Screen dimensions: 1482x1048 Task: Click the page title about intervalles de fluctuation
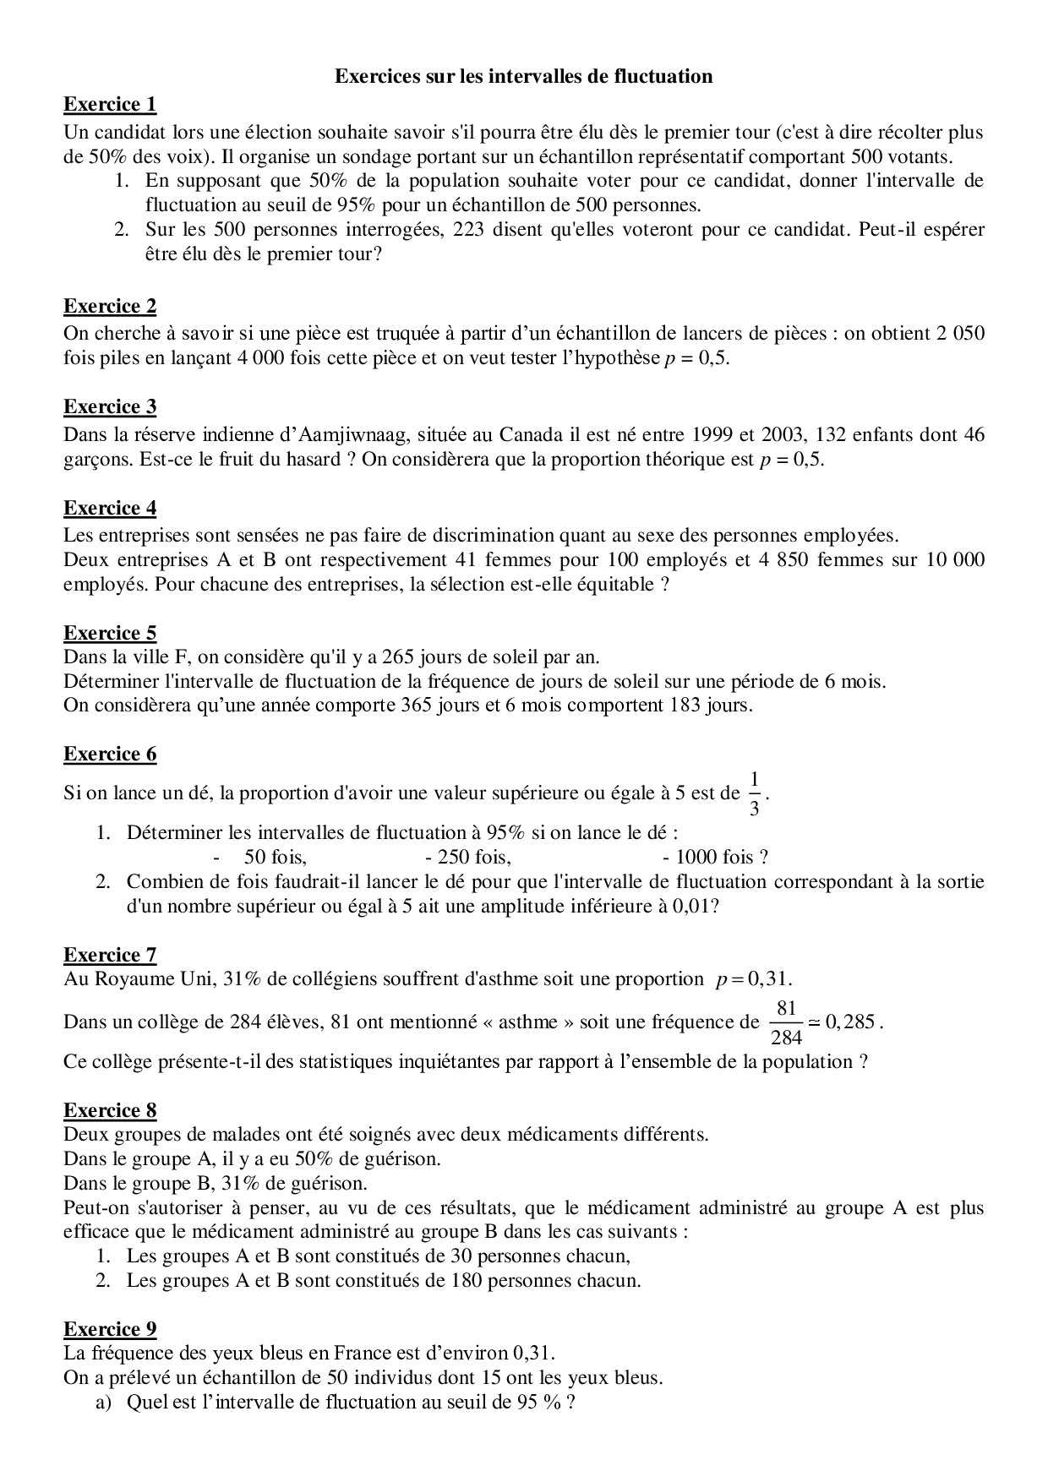[x=523, y=77]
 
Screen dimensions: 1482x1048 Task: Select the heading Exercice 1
[x=110, y=105]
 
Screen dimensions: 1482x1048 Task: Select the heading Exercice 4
[x=110, y=509]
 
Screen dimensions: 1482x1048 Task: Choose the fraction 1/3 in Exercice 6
[x=755, y=793]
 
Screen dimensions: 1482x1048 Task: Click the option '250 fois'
[x=473, y=858]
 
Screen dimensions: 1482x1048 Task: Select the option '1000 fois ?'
[x=721, y=858]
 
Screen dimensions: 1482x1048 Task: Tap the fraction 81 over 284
[x=786, y=1022]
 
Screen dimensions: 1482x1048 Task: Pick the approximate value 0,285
[x=850, y=1022]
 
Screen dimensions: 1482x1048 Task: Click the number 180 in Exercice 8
[x=461, y=1280]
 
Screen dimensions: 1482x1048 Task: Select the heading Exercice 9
[x=110, y=1329]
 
